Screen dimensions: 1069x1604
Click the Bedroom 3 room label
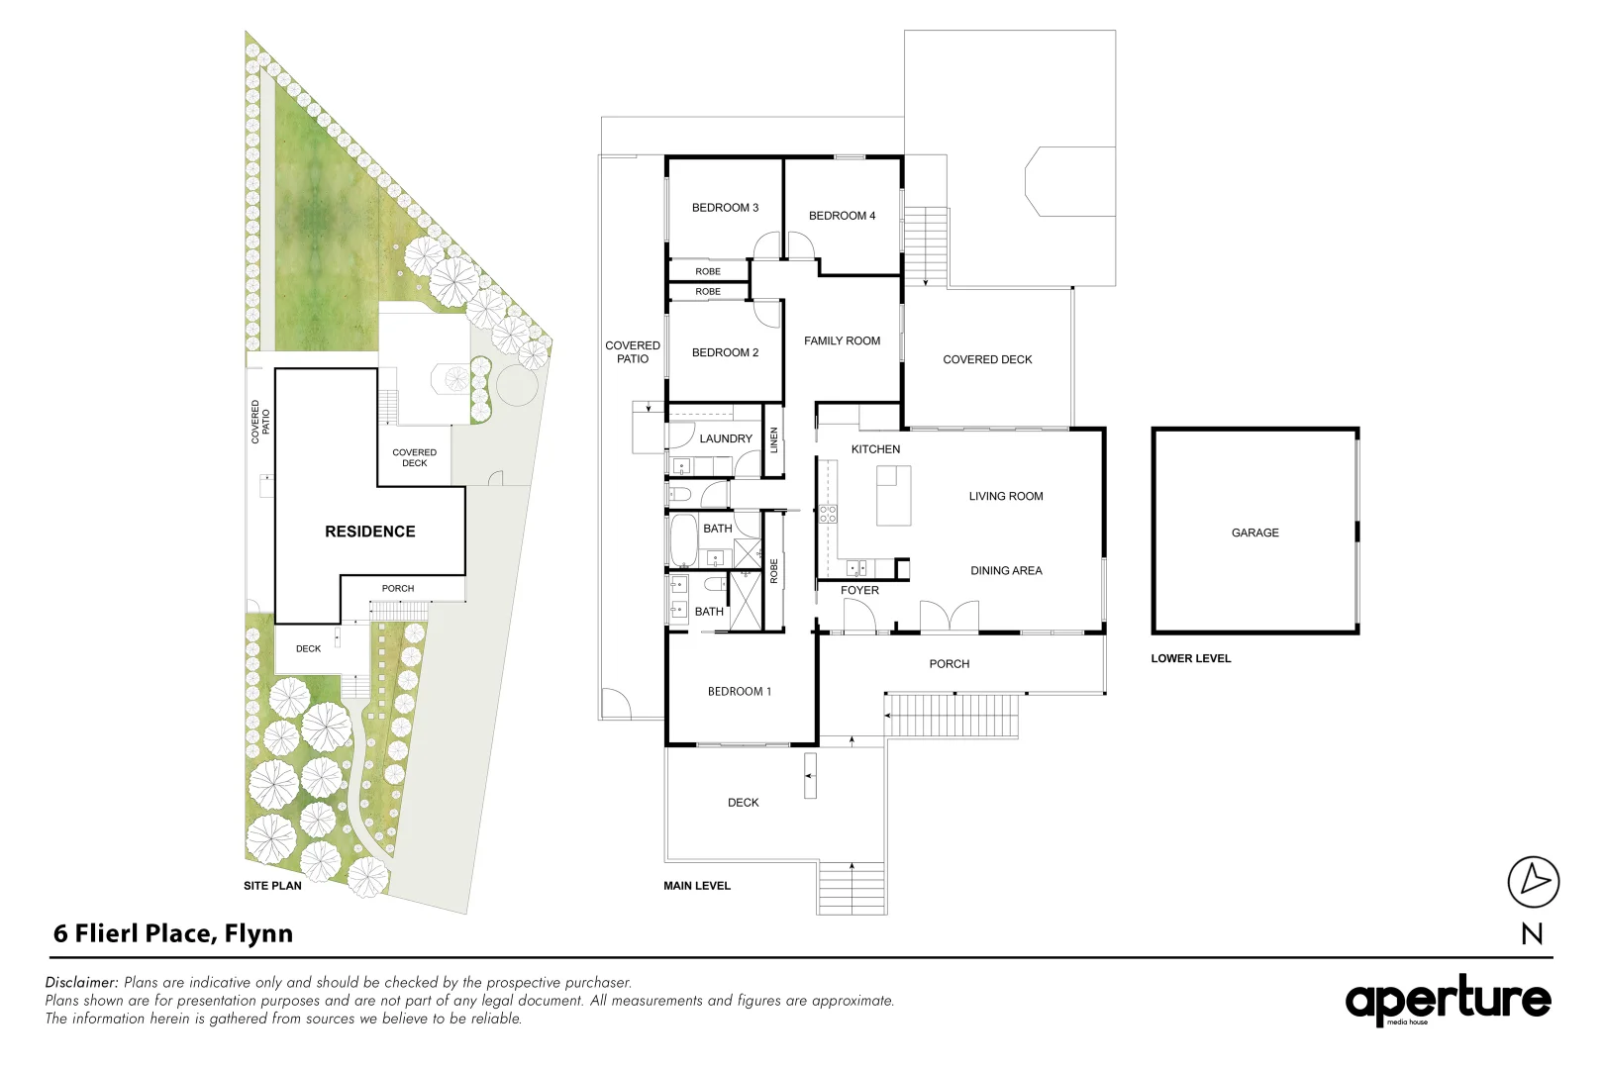coord(725,208)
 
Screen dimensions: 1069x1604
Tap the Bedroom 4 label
coord(842,216)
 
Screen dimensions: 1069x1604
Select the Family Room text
coord(842,341)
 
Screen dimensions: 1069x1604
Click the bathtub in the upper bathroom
coord(683,539)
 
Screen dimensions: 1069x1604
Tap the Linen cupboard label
coord(774,440)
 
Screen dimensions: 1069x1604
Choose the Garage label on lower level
coord(1254,534)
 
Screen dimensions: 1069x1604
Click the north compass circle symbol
coord(1533,881)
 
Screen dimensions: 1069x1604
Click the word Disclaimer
coord(81,983)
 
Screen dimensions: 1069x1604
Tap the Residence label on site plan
coord(370,532)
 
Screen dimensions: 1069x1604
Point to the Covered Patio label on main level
coord(633,352)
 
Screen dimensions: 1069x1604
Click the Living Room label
coord(1006,497)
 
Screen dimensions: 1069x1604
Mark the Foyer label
coord(859,591)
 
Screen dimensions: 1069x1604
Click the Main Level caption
coord(697,886)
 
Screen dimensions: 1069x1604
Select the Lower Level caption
coord(1190,658)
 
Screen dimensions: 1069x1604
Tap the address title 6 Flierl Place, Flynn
coord(173,933)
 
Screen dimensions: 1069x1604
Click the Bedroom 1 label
coord(739,692)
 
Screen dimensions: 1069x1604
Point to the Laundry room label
coord(726,438)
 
